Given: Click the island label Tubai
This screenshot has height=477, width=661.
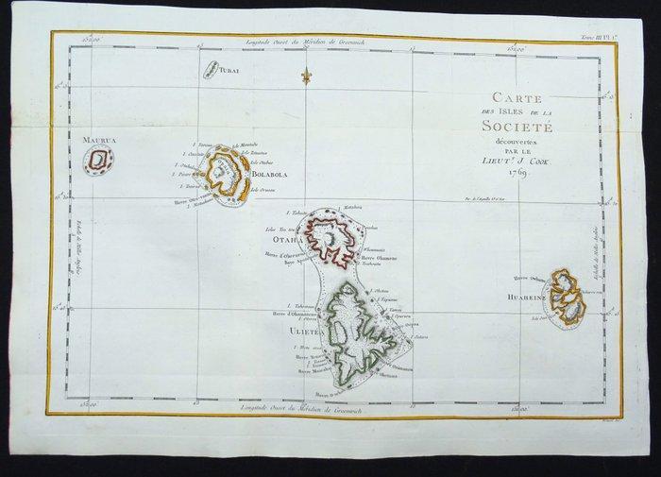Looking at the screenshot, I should coord(231,70).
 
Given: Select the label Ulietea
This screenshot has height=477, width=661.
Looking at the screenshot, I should coord(296,332).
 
